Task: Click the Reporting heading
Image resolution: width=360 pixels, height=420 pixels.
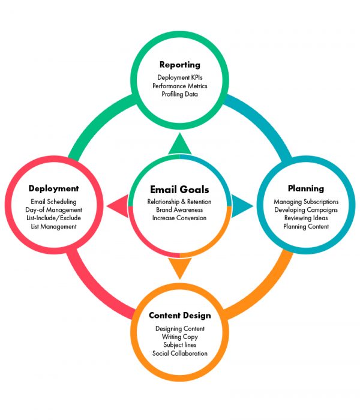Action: (x=179, y=65)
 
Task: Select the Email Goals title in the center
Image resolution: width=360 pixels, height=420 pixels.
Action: (x=179, y=190)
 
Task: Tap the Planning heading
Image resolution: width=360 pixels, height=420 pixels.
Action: (x=305, y=188)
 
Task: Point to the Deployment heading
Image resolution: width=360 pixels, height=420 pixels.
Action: (x=54, y=188)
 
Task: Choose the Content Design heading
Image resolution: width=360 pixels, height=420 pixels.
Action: (x=179, y=316)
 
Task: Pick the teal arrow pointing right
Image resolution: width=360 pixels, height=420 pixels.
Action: (x=241, y=205)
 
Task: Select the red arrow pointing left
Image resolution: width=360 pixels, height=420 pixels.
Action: (x=118, y=205)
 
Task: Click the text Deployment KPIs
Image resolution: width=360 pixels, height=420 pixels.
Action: (x=179, y=78)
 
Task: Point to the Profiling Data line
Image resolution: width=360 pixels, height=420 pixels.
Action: (x=179, y=95)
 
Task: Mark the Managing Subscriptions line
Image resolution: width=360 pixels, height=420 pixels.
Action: (x=306, y=202)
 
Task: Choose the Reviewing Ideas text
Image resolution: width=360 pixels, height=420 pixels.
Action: (x=306, y=218)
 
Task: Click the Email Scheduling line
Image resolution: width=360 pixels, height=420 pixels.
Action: (x=54, y=202)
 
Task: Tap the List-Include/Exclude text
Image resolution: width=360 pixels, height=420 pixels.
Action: (x=54, y=218)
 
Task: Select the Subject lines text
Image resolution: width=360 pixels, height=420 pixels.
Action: (x=179, y=346)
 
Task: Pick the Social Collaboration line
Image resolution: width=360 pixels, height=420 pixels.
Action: (x=179, y=354)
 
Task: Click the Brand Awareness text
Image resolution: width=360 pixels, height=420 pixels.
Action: (x=179, y=210)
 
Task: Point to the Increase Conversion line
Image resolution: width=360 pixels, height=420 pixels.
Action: (x=179, y=218)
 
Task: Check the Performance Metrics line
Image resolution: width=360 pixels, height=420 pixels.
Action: (x=179, y=86)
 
